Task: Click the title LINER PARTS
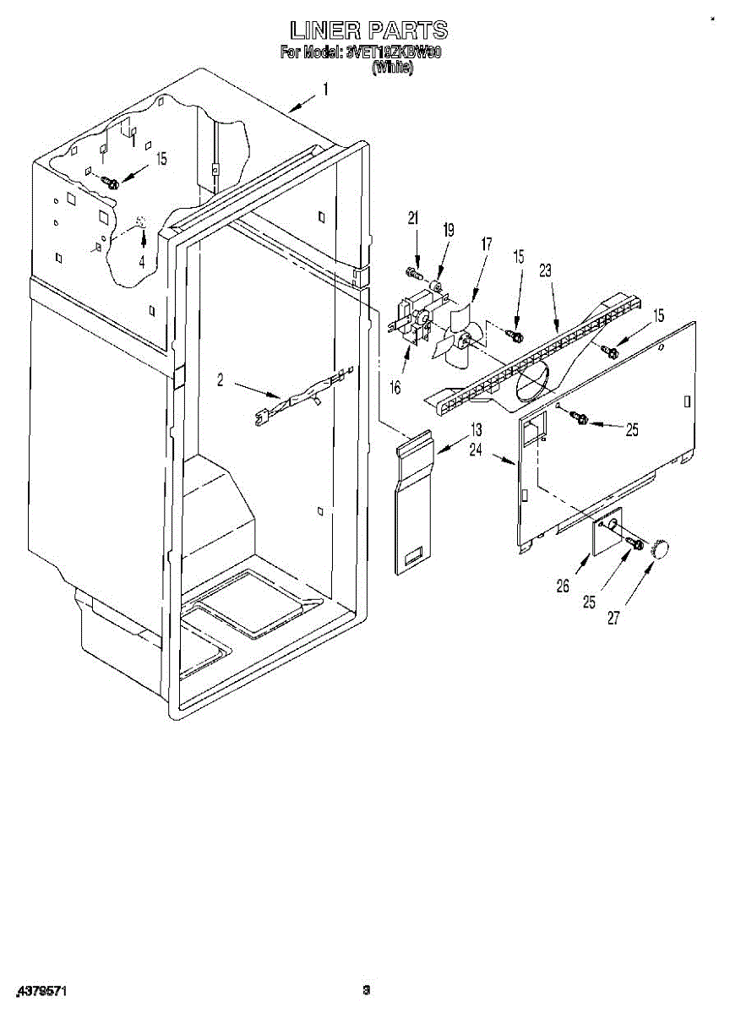[x=368, y=30]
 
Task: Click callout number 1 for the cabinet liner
[x=325, y=89]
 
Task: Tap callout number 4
[x=142, y=262]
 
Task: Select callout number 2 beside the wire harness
[x=221, y=381]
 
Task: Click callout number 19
[x=449, y=230]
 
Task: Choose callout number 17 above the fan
[x=486, y=244]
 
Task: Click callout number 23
[x=545, y=270]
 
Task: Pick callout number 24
[x=477, y=450]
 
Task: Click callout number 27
[x=613, y=618]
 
